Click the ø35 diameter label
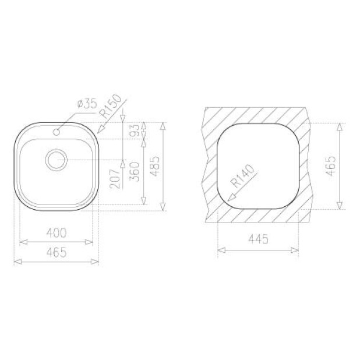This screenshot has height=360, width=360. [x=87, y=104]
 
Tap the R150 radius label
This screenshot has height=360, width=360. [x=112, y=106]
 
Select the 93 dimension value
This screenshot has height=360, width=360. [x=135, y=130]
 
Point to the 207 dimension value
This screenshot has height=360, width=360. [x=115, y=179]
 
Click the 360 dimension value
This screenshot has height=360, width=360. [x=135, y=172]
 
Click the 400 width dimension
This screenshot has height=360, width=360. [x=57, y=232]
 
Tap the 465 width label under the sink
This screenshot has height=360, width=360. [x=57, y=252]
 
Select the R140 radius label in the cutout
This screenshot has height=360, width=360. [x=242, y=176]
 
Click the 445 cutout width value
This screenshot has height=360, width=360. [x=258, y=239]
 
